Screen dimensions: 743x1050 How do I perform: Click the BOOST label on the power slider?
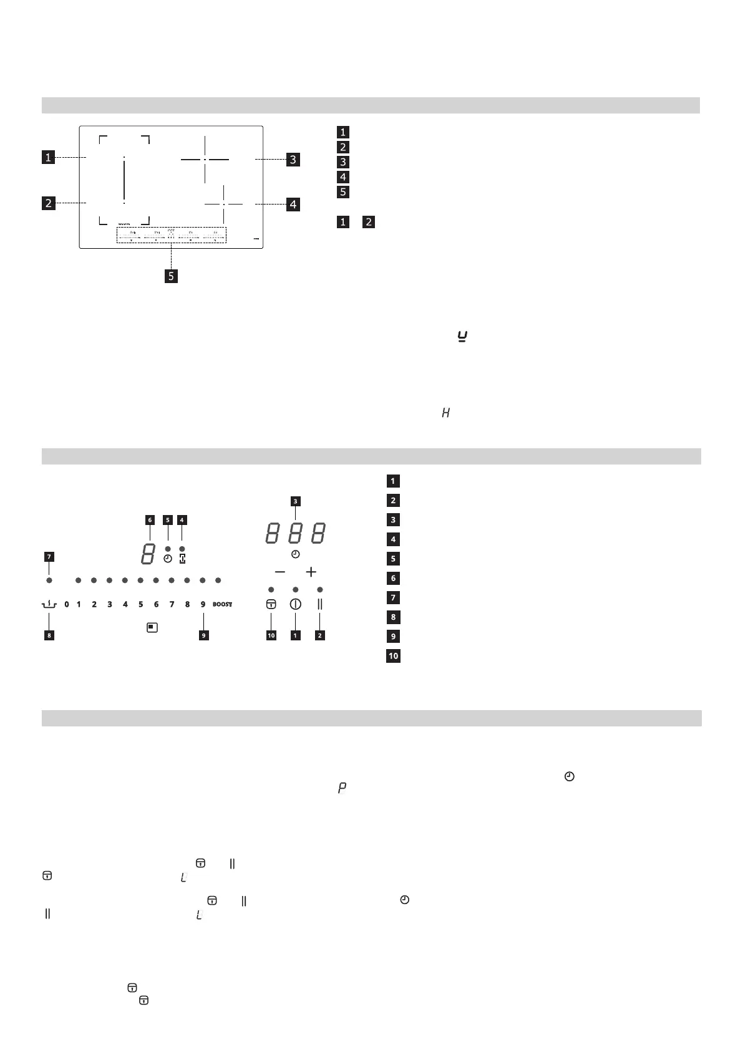pyautogui.click(x=222, y=604)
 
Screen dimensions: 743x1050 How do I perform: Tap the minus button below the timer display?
pyautogui.click(x=280, y=572)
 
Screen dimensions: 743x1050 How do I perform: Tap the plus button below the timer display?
pyautogui.click(x=311, y=572)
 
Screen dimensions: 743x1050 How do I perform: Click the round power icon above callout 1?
pyautogui.click(x=295, y=604)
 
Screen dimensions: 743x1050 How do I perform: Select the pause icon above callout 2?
pyautogui.click(x=320, y=604)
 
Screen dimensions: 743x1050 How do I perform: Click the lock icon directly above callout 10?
pyautogui.click(x=271, y=604)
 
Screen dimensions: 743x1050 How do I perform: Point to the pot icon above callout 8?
pyautogui.click(x=49, y=604)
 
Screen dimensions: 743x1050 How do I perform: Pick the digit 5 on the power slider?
pyautogui.click(x=140, y=604)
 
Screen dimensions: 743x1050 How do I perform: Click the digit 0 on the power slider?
pyautogui.click(x=66, y=604)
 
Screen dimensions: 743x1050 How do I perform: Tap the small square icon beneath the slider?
pyautogui.click(x=152, y=627)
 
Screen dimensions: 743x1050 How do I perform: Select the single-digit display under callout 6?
pyautogui.click(x=148, y=554)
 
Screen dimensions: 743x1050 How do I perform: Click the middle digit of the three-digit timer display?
pyautogui.click(x=295, y=534)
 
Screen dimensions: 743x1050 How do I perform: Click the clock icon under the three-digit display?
pyautogui.click(x=295, y=554)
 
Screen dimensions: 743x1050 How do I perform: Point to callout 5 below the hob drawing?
pyautogui.click(x=171, y=276)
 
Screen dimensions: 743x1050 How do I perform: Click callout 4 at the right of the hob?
pyautogui.click(x=293, y=204)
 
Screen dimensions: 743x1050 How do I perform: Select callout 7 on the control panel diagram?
pyautogui.click(x=49, y=556)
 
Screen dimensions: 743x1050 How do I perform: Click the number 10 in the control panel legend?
pyautogui.click(x=393, y=656)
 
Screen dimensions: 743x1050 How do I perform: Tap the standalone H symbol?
pyautogui.click(x=445, y=413)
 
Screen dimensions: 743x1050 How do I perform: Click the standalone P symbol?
pyautogui.click(x=342, y=789)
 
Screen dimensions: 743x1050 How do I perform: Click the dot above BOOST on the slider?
pyautogui.click(x=218, y=580)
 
